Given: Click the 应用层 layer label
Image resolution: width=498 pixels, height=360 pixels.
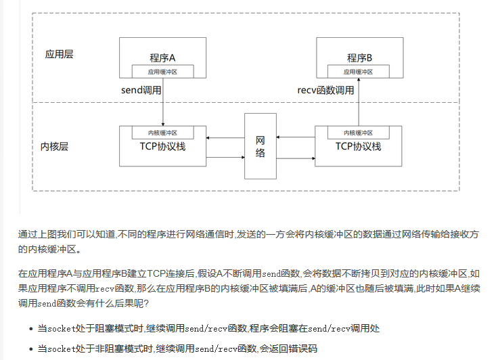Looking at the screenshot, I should pos(59,54).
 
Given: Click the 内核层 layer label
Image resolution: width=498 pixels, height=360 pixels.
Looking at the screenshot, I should pos(55,145).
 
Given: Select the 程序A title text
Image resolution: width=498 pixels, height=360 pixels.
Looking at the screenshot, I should pos(162,57).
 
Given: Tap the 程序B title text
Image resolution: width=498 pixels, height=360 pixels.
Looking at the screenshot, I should pos(359,57).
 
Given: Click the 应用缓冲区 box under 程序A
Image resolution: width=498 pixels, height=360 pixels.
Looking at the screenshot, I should pos(162,71).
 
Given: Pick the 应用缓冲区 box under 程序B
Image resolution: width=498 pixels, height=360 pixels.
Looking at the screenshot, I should pos(359,71).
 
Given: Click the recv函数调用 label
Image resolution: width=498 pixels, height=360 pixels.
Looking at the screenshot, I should pos(326,90).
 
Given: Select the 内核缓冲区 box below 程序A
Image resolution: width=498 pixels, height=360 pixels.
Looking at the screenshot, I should pos(162,133).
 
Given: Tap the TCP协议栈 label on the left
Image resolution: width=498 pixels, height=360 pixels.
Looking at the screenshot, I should pos(162,147).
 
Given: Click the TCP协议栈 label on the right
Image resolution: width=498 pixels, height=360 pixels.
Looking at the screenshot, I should pos(359,147).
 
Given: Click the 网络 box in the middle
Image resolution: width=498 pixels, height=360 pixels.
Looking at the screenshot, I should pos(261,146).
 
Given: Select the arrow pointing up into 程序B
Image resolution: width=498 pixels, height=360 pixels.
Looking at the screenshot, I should pos(359,102).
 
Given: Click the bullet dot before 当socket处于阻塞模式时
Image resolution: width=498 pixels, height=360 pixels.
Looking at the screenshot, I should pos(31,329).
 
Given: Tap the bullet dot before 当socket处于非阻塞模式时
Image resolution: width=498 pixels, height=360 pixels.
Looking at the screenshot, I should pos(31,348).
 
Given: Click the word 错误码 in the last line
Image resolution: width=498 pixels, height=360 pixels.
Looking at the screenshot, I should pos(302,348).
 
